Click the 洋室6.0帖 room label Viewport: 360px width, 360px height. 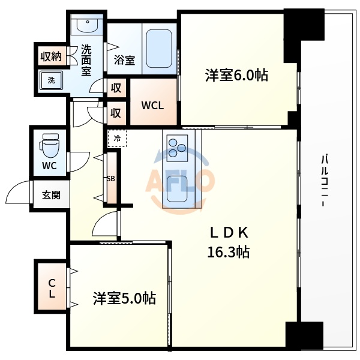236,76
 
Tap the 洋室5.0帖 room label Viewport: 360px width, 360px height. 124,298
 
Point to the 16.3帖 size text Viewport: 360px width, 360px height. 228,252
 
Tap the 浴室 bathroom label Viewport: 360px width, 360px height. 124,60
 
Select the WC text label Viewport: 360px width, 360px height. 49,166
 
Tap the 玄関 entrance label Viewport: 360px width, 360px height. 50,195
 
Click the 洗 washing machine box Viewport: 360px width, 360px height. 50,80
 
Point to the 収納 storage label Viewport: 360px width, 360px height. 50,57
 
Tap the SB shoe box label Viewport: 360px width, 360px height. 110,178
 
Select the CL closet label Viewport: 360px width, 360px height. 52,289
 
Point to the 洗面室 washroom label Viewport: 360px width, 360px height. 86,61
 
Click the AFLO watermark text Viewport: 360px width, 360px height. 180,180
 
